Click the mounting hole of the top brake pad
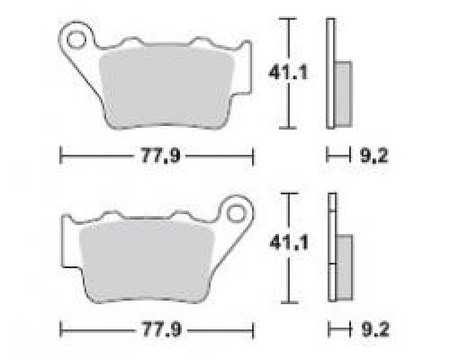[x=75, y=40]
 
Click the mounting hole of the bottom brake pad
[x=236, y=214]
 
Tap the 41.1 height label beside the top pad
[x=288, y=73]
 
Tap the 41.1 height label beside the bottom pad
[x=289, y=243]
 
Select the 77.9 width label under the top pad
[x=161, y=156]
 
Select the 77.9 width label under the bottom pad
[x=162, y=329]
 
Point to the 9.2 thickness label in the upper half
[x=373, y=156]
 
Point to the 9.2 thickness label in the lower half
[x=375, y=329]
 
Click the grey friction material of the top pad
[x=166, y=87]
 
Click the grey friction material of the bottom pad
[x=147, y=260]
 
